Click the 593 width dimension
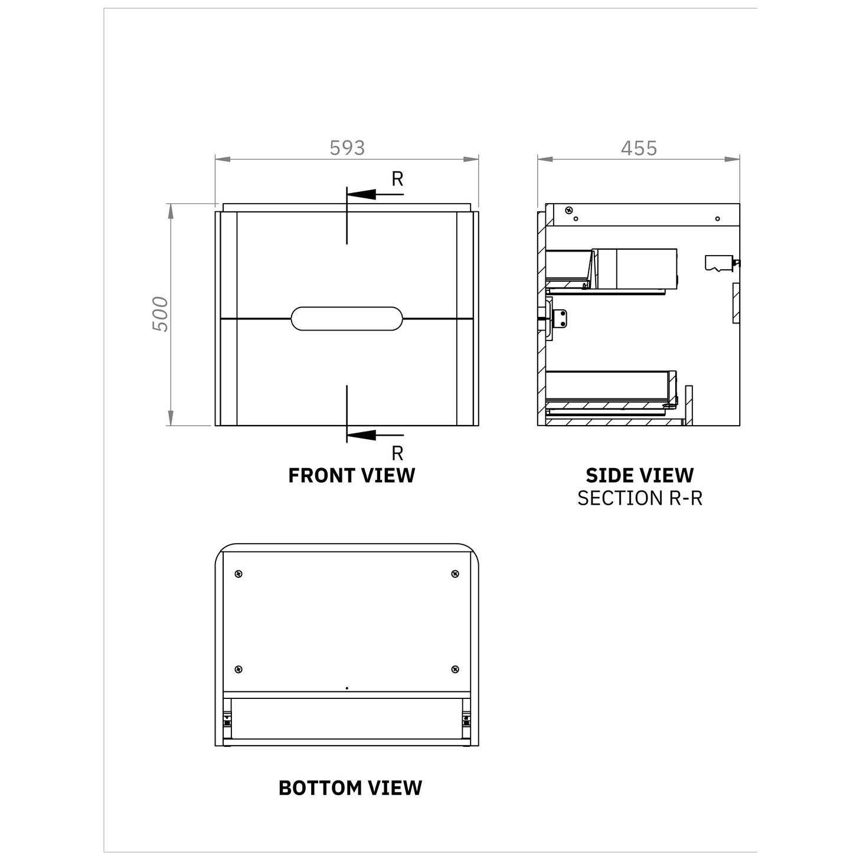(347, 148)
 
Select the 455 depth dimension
(639, 148)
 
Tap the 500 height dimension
(161, 314)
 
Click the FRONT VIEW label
(351, 475)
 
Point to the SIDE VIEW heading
(639, 475)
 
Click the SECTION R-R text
(639, 498)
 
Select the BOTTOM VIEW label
(350, 787)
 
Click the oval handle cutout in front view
(347, 319)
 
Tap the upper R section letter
(397, 179)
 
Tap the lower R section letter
(397, 453)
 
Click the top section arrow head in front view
(361, 194)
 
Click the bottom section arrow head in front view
(361, 435)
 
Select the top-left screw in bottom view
(238, 574)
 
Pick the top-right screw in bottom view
(455, 574)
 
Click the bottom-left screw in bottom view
(238, 669)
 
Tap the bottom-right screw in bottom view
(455, 669)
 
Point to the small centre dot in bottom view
(347, 688)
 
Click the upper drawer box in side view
(634, 269)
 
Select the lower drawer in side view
(610, 390)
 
